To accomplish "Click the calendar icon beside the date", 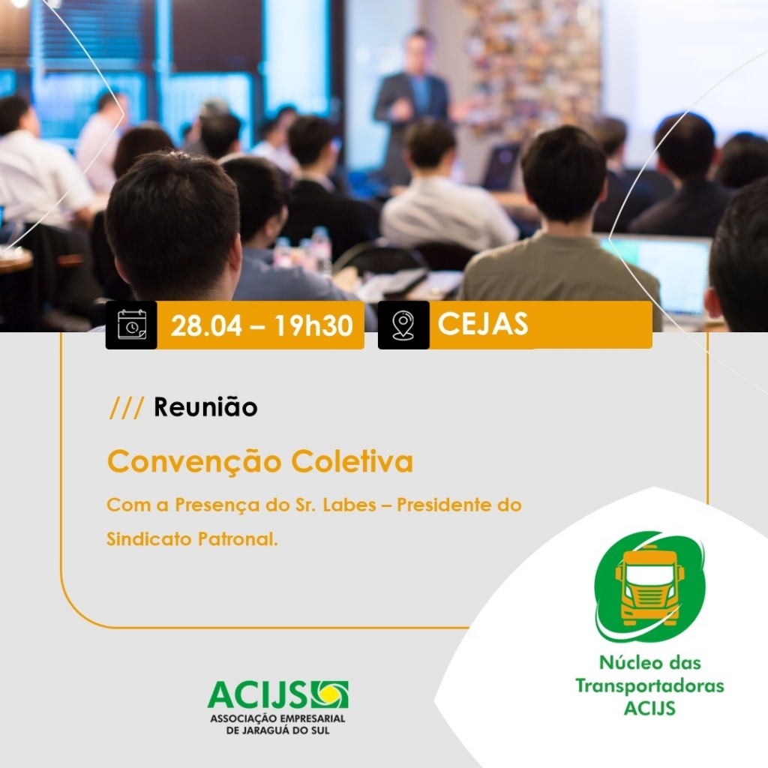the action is click(132, 325).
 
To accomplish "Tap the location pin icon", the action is click(403, 325).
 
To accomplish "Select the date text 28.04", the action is click(206, 325).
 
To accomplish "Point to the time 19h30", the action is click(313, 325).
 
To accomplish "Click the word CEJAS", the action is click(483, 324).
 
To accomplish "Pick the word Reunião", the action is click(205, 407).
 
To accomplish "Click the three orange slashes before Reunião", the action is click(126, 407).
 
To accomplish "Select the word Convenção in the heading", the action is click(194, 461).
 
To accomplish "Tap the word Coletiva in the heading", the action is click(352, 461).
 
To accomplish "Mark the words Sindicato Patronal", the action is click(192, 538).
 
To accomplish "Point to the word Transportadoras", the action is click(649, 685).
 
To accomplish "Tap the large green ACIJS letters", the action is click(257, 694).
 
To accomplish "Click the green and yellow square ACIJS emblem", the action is click(330, 694).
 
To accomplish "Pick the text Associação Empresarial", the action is click(277, 719).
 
